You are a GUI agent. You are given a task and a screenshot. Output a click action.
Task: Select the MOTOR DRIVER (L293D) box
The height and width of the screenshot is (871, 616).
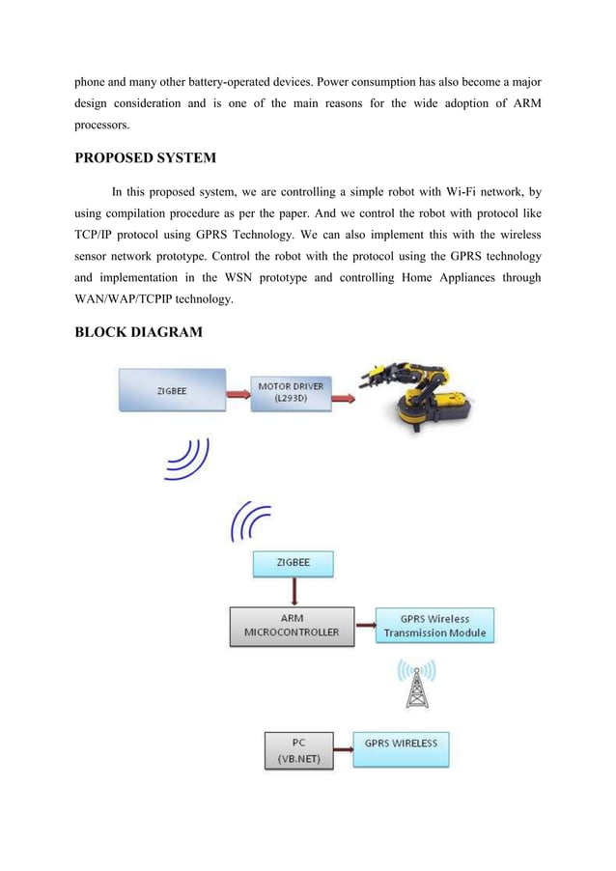290,392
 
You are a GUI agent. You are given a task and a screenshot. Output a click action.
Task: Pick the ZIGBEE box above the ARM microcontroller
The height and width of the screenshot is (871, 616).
293,565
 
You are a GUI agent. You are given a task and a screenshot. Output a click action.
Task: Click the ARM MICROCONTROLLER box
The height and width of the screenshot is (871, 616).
292,626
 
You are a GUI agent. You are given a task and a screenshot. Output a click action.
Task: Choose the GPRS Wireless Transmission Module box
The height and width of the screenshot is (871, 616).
434,626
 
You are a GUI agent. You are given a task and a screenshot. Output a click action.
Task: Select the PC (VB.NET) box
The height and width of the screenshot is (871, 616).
299,749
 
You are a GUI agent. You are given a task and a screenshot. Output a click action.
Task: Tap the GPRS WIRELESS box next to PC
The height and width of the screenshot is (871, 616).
401,748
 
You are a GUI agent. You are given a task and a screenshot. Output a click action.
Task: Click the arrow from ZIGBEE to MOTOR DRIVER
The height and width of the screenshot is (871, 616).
238,393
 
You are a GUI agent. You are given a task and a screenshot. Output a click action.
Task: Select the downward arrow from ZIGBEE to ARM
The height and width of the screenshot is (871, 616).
292,591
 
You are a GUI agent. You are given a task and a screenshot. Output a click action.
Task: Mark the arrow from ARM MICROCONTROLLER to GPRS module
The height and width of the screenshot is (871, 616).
364,625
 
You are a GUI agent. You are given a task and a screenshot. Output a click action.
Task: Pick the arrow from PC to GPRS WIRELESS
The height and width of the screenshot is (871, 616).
343,745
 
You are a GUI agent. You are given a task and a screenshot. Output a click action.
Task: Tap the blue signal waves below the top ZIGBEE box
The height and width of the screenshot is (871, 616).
187,460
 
